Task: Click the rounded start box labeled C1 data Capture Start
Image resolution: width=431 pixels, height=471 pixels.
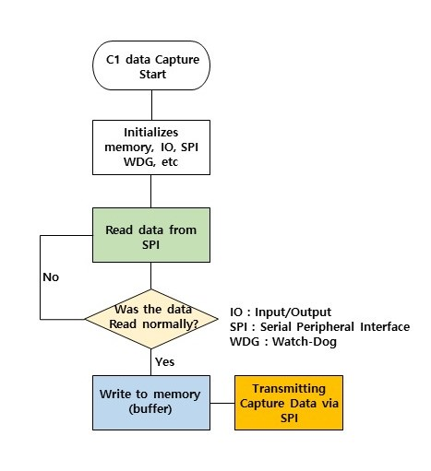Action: [x=151, y=65]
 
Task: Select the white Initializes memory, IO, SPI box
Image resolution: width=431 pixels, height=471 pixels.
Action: [x=151, y=147]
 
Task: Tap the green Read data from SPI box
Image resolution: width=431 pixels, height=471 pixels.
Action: [x=151, y=235]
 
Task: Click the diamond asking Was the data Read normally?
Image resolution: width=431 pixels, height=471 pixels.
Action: [x=151, y=319]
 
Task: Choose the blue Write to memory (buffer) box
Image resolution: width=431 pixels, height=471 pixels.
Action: [x=151, y=403]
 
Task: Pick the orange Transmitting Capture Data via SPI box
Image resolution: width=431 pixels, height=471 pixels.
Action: [x=289, y=403]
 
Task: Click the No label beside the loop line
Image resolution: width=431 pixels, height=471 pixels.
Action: [x=51, y=277]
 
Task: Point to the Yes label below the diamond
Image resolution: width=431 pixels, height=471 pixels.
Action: [x=164, y=362]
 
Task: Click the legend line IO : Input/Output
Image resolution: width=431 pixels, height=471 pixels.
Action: [x=281, y=312]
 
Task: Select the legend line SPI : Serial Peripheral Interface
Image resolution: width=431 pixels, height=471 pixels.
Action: [x=319, y=326]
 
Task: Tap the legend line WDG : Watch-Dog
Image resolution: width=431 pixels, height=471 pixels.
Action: [x=283, y=341]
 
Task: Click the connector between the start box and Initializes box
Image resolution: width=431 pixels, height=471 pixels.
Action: [x=151, y=105]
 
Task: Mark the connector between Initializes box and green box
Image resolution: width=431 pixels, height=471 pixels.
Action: [x=150, y=191]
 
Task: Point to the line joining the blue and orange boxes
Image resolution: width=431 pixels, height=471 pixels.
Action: [x=222, y=403]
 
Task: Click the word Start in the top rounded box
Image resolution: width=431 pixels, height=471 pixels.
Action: [x=152, y=75]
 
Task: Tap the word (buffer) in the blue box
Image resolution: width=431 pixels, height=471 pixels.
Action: [x=150, y=409]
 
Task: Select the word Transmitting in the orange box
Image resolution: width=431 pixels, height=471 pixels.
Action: [x=289, y=389]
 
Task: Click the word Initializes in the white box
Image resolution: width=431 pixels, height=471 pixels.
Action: [x=151, y=133]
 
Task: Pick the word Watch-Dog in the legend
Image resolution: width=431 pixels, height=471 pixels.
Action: [x=305, y=342]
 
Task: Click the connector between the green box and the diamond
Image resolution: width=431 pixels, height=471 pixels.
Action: [x=150, y=276]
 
